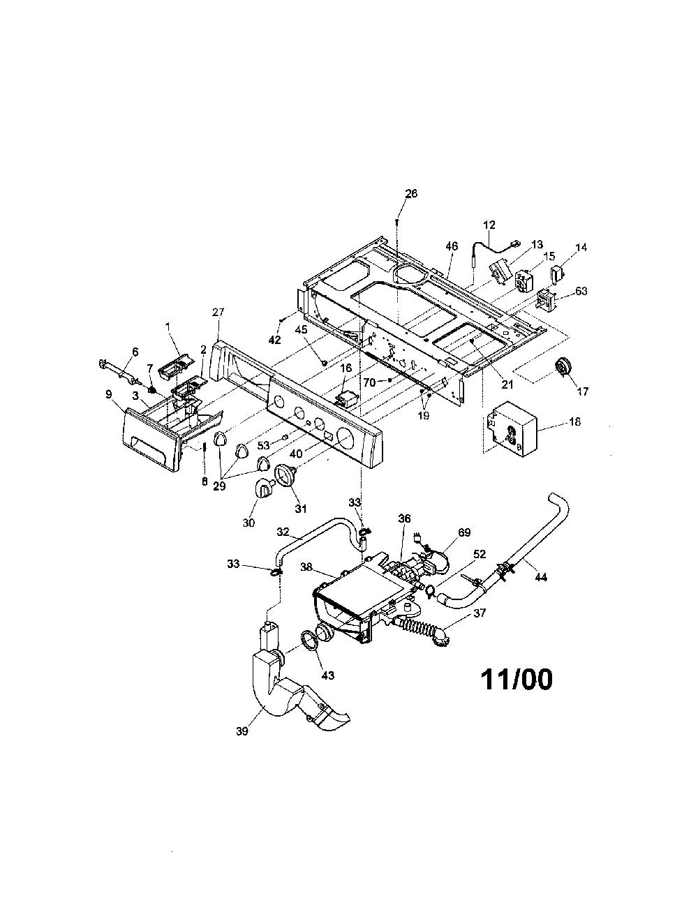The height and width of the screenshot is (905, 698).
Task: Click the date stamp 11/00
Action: click(x=517, y=680)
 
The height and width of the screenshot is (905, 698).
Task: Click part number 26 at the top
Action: click(x=411, y=193)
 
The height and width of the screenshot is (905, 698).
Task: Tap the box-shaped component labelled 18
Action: click(x=512, y=429)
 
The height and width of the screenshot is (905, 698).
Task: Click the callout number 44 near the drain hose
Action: click(x=540, y=576)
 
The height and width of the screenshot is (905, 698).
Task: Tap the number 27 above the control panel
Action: click(x=218, y=311)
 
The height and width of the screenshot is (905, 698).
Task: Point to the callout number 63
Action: click(x=581, y=291)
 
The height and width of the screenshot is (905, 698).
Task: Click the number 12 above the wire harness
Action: click(x=489, y=225)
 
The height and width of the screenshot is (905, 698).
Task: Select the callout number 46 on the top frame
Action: click(x=452, y=246)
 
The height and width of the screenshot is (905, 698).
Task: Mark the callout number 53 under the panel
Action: click(x=264, y=446)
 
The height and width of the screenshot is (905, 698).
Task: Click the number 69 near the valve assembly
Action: click(x=464, y=532)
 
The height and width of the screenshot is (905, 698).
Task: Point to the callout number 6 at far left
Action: click(x=135, y=352)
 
